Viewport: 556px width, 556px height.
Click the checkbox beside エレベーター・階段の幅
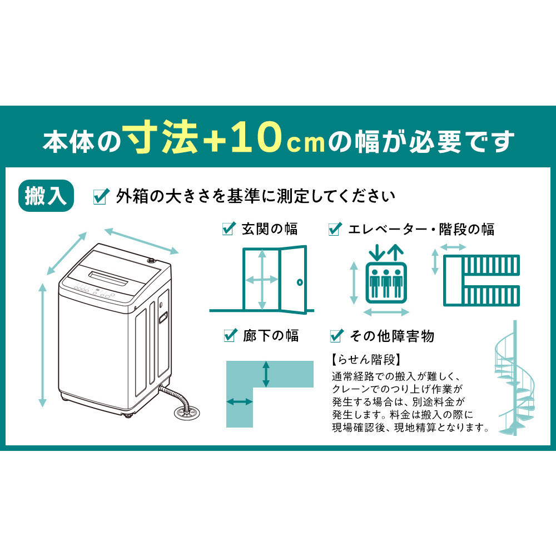(335, 229)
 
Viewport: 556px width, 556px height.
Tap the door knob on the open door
(300, 282)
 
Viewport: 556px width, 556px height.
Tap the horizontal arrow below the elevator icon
(386, 311)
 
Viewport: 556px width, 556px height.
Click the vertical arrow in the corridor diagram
(267, 374)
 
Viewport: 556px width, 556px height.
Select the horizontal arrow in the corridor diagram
(237, 401)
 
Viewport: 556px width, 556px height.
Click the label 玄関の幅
(270, 229)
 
